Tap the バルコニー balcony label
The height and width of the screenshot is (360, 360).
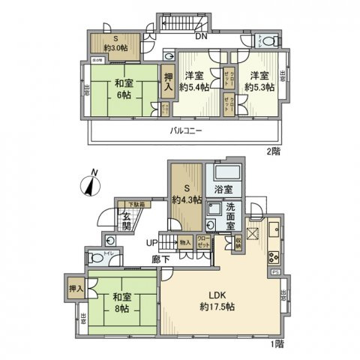pos(184,129)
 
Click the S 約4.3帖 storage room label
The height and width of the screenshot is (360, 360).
pos(184,194)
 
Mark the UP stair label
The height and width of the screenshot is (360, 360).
pos(151,242)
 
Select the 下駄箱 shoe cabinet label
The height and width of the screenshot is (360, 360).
pos(133,203)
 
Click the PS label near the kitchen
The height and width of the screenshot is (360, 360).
pos(276,271)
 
